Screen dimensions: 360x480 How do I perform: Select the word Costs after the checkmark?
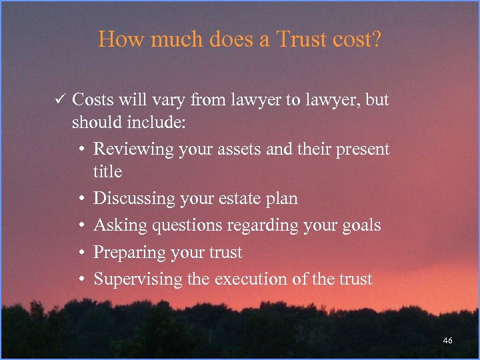(x=93, y=101)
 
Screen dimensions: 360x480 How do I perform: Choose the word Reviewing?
(x=134, y=149)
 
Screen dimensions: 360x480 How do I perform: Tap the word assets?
(x=239, y=149)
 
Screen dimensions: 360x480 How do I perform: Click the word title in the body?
(x=107, y=171)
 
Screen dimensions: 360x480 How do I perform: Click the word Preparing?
(x=131, y=253)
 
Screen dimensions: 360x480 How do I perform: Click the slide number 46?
(x=447, y=341)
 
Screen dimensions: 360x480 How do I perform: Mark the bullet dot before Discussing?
(x=79, y=199)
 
